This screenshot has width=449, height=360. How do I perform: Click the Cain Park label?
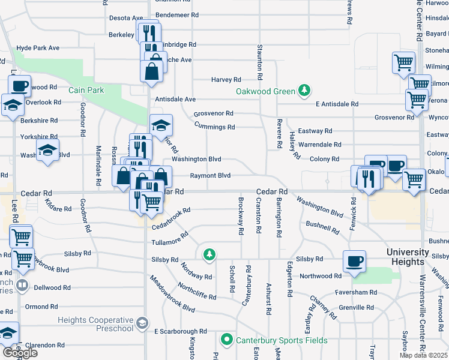coord(86,90)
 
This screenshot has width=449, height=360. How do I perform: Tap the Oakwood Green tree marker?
coord(305,91)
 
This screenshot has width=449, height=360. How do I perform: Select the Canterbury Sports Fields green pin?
coord(227,340)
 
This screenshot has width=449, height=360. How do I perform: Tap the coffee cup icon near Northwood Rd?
coord(354,262)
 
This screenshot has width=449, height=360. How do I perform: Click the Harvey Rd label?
coord(226,79)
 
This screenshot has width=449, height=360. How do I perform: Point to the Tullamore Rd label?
coord(166,242)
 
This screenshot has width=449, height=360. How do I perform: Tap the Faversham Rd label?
coord(356,292)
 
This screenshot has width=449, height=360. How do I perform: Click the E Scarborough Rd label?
coord(180,331)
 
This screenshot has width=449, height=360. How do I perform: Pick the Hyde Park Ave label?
coord(38,47)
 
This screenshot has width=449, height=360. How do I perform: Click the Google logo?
coord(20,353)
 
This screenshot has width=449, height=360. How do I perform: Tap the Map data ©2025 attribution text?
coord(423,355)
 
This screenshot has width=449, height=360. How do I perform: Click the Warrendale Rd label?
coord(320,145)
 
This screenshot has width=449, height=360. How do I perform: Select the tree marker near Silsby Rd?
coord(209,255)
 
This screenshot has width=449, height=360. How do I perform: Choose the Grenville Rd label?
coord(357,307)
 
